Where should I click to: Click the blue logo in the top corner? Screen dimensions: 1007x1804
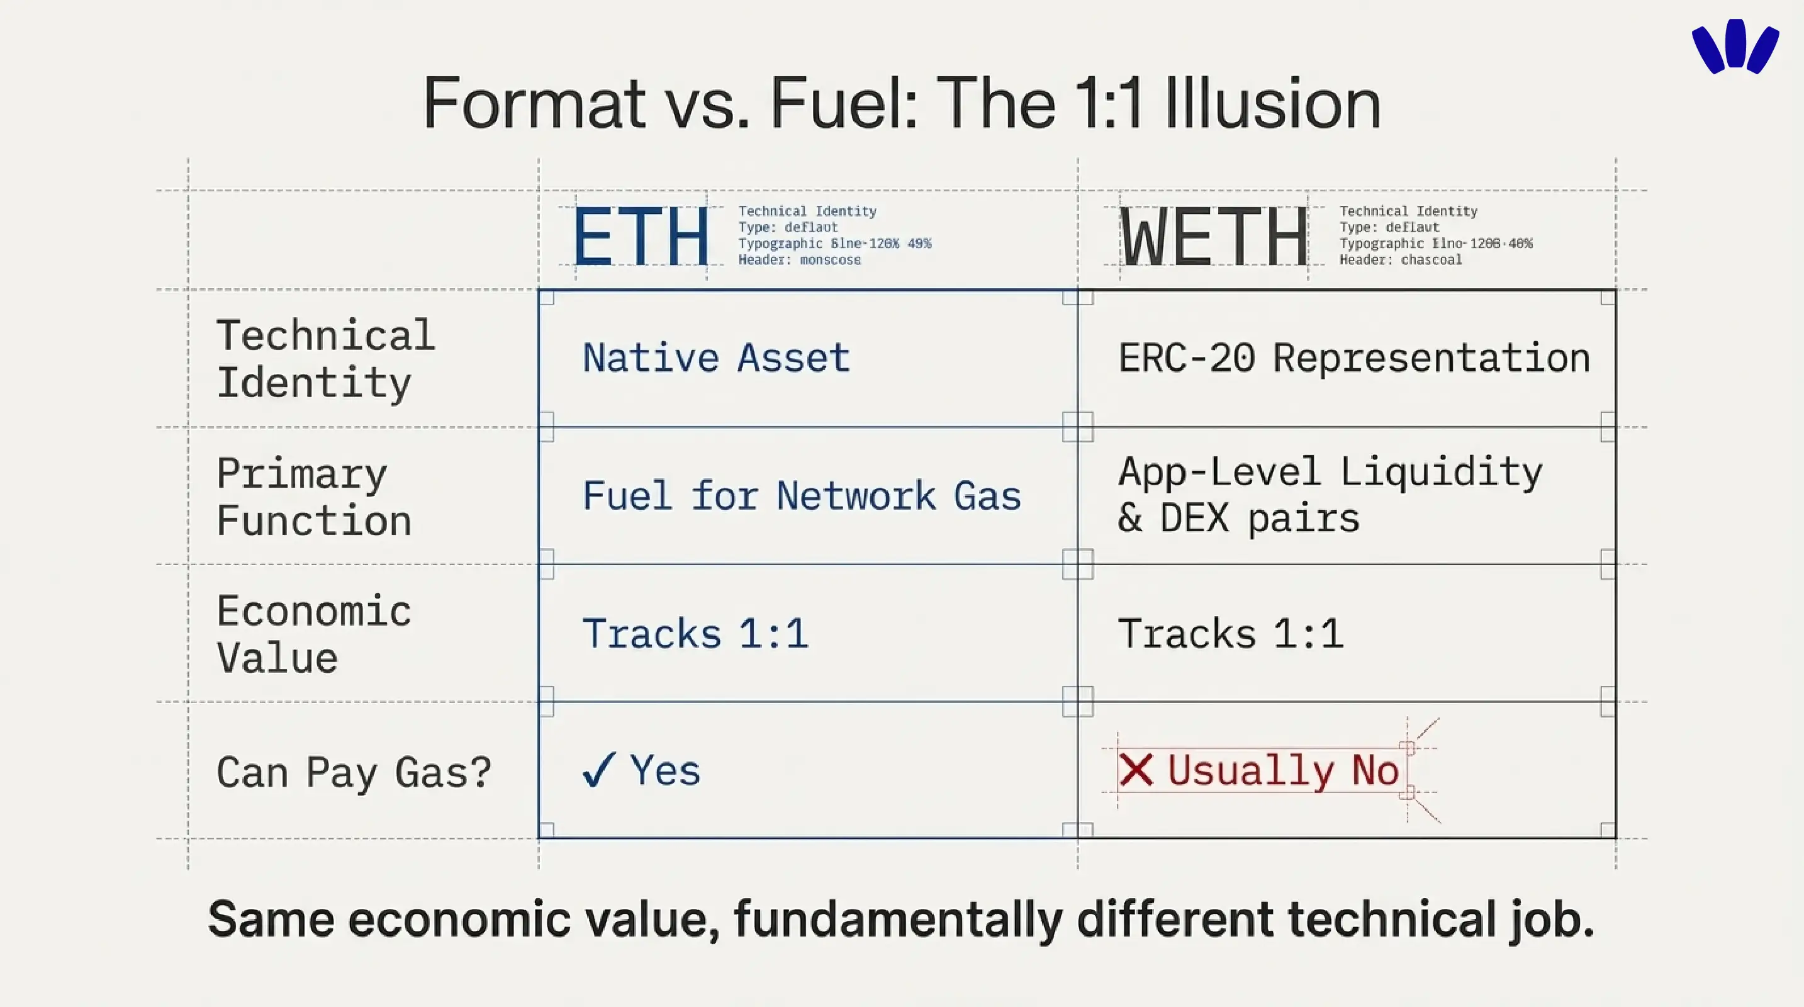(x=1735, y=46)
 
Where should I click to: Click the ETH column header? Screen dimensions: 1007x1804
(x=641, y=237)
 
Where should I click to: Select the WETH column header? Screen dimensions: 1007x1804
(x=1214, y=237)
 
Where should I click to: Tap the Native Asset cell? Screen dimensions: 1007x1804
(x=715, y=358)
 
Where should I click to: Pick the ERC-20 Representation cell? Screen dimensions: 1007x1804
(x=1353, y=358)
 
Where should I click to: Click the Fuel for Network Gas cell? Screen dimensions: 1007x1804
(x=801, y=496)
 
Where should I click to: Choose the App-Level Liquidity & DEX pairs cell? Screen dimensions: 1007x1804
(x=1329, y=495)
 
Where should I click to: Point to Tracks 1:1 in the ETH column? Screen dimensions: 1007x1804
(x=695, y=634)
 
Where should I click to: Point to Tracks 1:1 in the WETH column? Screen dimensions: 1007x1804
(x=1230, y=634)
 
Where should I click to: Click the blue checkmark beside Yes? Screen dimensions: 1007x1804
(x=599, y=770)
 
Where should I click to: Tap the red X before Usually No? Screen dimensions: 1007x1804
(x=1135, y=770)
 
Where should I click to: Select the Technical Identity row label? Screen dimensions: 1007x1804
(x=325, y=358)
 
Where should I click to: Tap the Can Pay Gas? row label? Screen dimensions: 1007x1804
(x=354, y=772)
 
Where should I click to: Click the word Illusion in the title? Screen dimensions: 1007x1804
(x=1272, y=104)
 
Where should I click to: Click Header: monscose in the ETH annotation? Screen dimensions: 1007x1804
(x=799, y=260)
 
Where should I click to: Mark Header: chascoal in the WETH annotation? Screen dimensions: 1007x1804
(x=1400, y=260)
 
